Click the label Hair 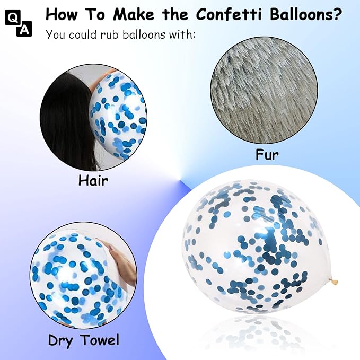(x=93, y=180)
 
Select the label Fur (x=267, y=155)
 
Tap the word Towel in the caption (x=99, y=339)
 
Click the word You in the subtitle (x=57, y=36)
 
